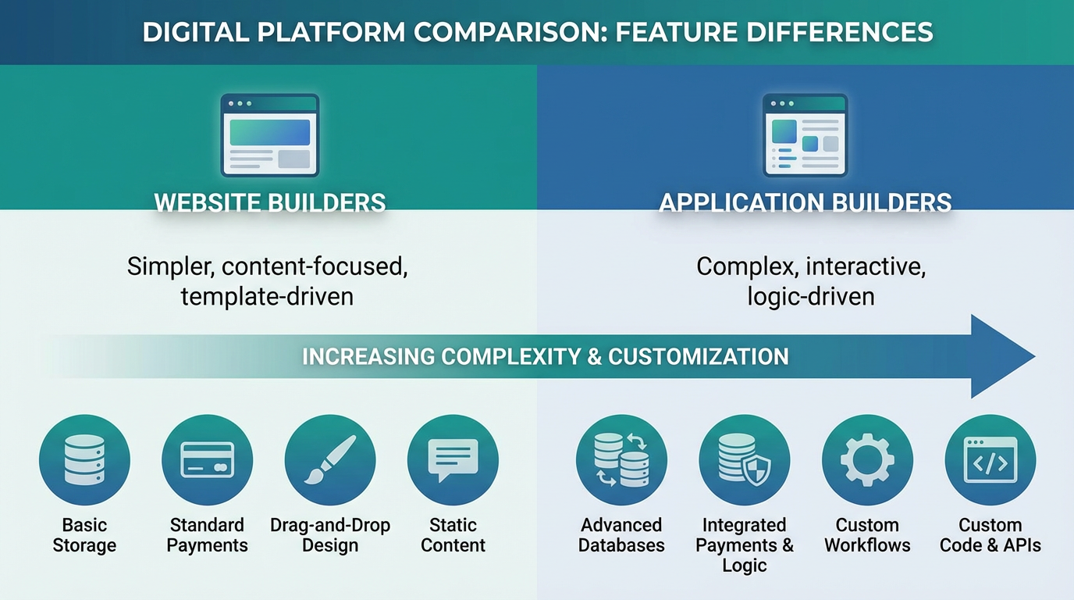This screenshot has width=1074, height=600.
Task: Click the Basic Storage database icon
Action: coord(84,460)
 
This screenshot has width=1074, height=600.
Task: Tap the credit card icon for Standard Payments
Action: coord(207,460)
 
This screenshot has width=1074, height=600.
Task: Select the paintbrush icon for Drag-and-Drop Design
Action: coord(330,460)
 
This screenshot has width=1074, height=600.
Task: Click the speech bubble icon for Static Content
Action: coord(453,460)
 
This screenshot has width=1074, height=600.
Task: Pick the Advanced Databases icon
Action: coord(621,460)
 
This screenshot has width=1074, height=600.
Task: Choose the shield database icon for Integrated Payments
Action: coord(744,460)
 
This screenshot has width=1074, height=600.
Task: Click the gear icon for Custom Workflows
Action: coord(867,460)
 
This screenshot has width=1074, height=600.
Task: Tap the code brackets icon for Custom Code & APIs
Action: coord(990,460)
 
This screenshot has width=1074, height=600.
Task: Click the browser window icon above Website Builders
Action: coord(269,135)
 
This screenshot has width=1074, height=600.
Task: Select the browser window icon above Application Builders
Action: coord(805,135)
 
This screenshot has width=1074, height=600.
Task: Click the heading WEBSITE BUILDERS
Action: coord(269,203)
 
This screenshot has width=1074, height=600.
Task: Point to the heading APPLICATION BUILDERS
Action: coord(805,203)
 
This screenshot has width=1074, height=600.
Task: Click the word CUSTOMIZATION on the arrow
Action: coord(698,356)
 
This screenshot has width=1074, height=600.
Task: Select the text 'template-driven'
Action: coord(267,297)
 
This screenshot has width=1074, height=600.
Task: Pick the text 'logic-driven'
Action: coord(810,297)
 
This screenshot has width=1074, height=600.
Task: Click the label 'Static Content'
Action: coord(453,535)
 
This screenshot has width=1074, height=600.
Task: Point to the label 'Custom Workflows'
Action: coord(867,535)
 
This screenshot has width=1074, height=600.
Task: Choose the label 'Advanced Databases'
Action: coord(621,535)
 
